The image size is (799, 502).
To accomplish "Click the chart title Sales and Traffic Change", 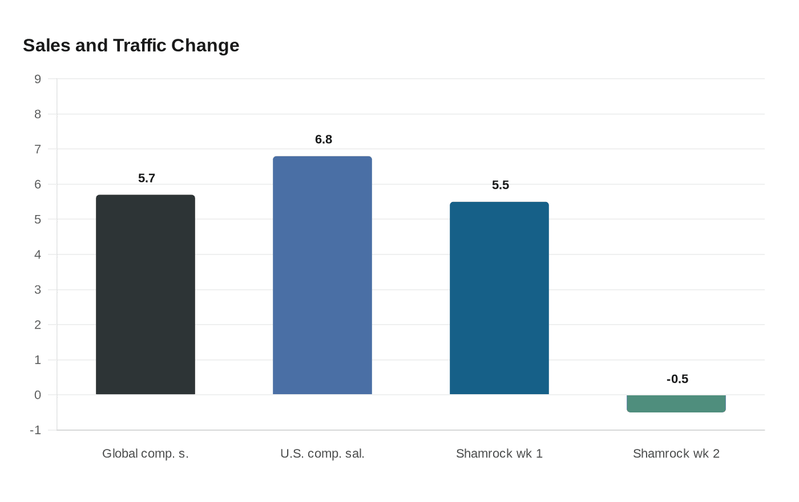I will tap(131, 45).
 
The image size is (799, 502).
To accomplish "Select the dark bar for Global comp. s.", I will tap(146, 294).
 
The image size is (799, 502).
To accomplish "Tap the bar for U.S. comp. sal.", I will tap(322, 275).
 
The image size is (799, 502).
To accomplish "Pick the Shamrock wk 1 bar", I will tap(499, 298).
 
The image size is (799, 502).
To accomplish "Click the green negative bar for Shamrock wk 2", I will tap(676, 403).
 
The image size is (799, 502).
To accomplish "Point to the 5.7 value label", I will tap(147, 178).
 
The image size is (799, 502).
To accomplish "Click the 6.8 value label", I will tap(324, 139).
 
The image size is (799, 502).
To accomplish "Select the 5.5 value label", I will tap(501, 185).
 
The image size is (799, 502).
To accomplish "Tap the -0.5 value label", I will tap(677, 379).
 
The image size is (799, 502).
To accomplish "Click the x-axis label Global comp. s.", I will tap(146, 454).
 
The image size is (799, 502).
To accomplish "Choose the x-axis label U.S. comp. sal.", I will tap(322, 454).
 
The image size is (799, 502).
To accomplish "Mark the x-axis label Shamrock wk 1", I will tap(499, 454).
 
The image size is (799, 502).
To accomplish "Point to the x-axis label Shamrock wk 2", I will tap(676, 454).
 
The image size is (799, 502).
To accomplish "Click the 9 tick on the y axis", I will tap(38, 79).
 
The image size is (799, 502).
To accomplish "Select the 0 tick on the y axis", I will tap(38, 395).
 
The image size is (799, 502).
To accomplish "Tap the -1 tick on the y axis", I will tap(35, 430).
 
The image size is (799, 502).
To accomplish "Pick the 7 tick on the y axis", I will tap(38, 149).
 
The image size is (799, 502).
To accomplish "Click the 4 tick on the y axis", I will tap(38, 254).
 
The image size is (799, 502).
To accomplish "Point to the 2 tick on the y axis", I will tap(38, 325).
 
